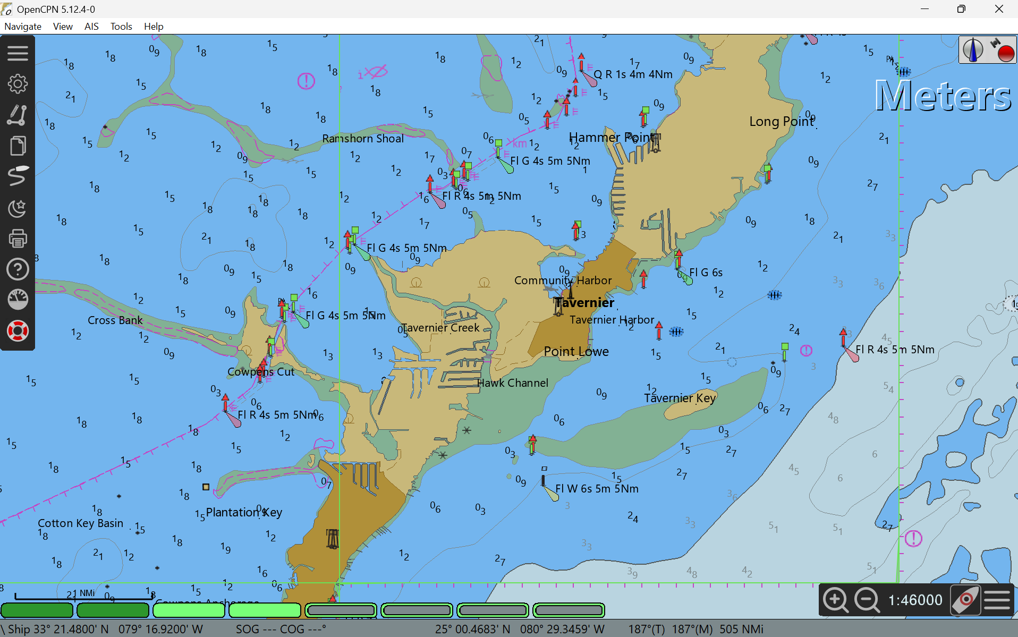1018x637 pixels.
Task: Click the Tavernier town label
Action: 585,303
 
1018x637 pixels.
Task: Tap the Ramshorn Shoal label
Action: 363,139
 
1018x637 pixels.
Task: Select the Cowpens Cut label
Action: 260,372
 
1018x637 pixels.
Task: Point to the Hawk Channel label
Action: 512,383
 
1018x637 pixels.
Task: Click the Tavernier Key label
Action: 680,398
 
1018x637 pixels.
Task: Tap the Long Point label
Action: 781,122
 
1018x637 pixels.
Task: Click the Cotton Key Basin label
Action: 80,523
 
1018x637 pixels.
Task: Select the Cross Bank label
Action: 115,320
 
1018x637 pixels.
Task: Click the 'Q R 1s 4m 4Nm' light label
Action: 633,74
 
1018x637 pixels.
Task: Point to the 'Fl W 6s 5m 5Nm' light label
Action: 597,489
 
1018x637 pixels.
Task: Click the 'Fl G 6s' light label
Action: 706,273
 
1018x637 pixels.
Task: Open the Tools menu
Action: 121,27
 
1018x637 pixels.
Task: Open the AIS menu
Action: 91,27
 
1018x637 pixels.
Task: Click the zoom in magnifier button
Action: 835,600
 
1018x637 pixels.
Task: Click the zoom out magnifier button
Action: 867,600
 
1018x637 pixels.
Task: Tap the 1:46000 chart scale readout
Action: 915,600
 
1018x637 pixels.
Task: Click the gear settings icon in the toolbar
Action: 18,84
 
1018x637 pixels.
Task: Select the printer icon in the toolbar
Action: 18,239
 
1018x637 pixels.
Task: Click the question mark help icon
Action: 18,269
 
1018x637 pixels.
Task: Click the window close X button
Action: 999,9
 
